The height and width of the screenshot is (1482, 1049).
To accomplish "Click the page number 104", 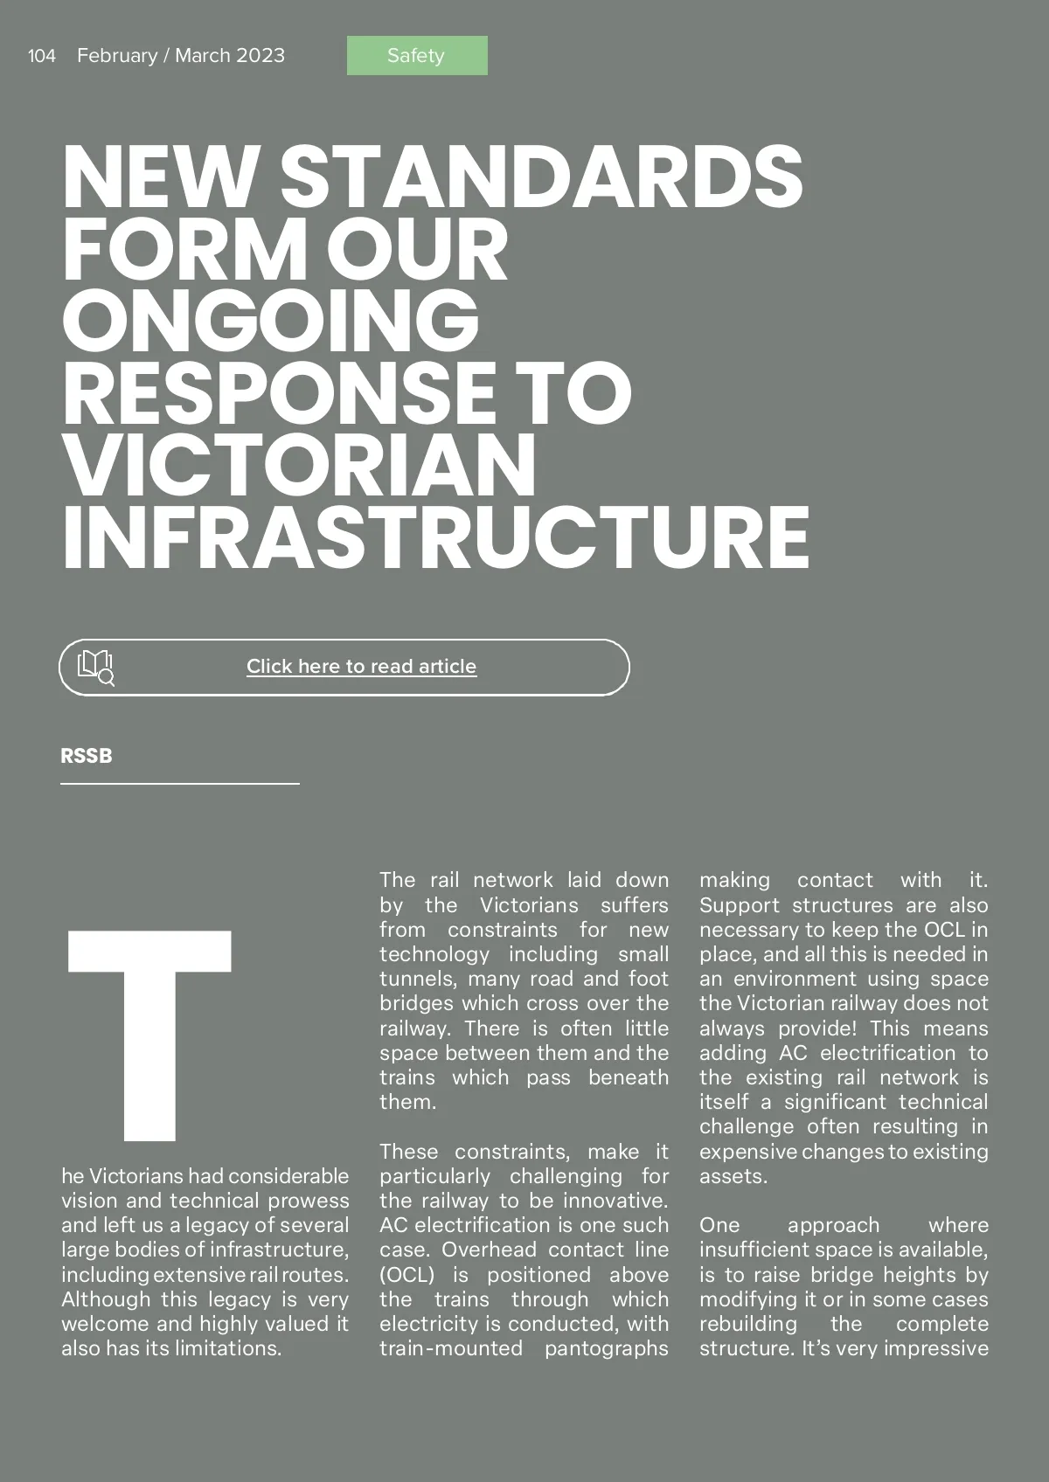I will tap(41, 56).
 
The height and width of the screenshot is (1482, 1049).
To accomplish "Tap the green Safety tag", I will tap(417, 56).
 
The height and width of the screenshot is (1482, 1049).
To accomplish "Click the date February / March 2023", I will tap(181, 56).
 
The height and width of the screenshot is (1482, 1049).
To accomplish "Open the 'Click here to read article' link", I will tap(361, 667).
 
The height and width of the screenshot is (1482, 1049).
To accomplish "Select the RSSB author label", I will tap(87, 756).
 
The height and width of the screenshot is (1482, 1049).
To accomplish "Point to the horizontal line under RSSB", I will tap(180, 784).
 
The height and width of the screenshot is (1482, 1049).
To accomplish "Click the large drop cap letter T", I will tap(149, 1035).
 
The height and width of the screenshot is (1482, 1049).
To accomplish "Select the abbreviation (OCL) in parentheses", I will tap(406, 1275).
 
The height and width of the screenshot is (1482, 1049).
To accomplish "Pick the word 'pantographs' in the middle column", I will tap(606, 1348).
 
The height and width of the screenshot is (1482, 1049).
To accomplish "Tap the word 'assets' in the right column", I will tap(732, 1176).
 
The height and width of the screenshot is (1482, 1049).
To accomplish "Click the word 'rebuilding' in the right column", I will tap(748, 1324).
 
